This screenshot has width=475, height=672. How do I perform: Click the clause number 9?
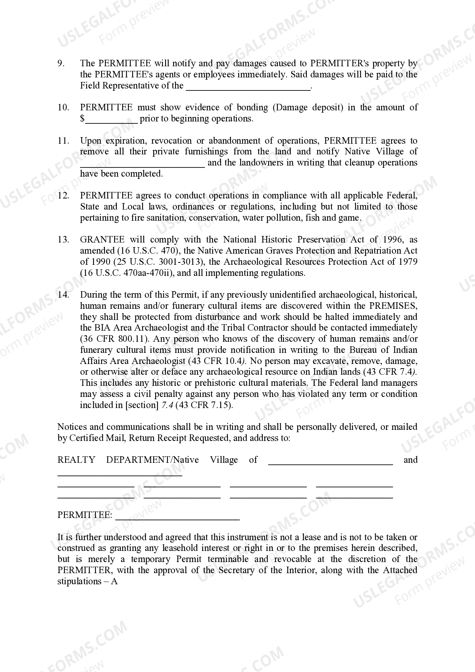(x=61, y=63)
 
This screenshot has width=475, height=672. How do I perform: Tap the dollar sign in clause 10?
(x=82, y=119)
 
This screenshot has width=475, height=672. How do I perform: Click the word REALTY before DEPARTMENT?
(x=76, y=460)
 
